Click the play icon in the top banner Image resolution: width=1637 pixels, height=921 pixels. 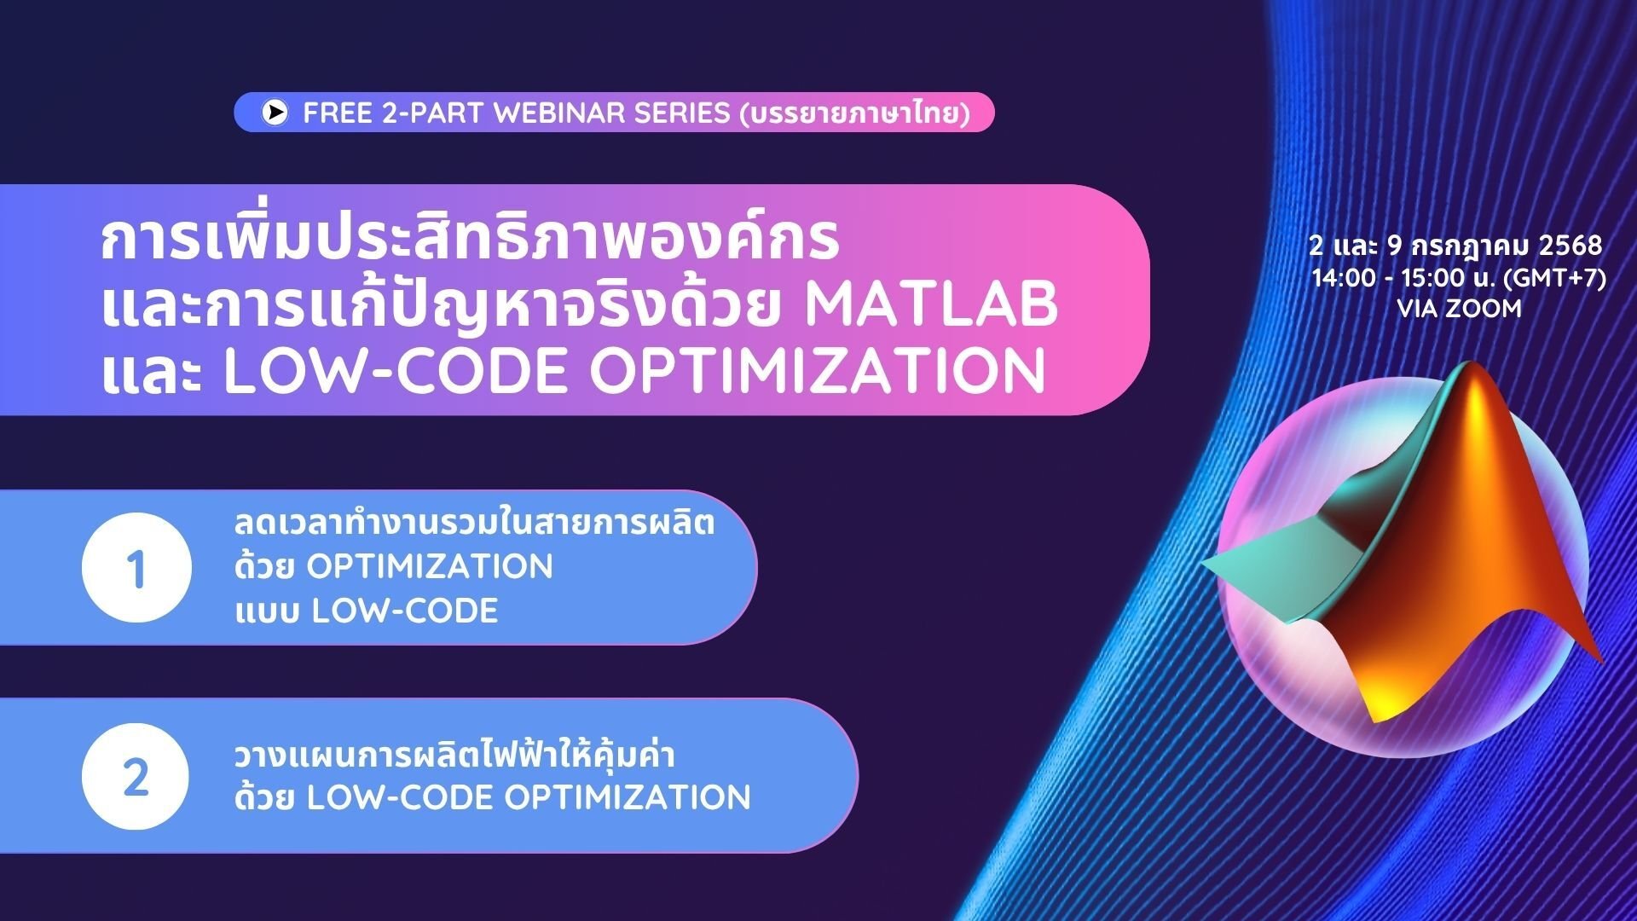275,113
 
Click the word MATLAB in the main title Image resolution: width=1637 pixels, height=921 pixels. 931,305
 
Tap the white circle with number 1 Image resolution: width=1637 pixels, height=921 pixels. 136,568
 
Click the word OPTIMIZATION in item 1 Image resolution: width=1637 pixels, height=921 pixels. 430,567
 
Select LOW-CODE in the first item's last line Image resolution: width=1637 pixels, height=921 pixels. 405,611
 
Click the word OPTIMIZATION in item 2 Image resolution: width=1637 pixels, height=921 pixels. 628,798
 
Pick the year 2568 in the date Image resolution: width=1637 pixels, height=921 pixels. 1570,246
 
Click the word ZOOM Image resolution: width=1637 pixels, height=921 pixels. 1483,309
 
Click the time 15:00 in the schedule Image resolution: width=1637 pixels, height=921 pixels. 1437,279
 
